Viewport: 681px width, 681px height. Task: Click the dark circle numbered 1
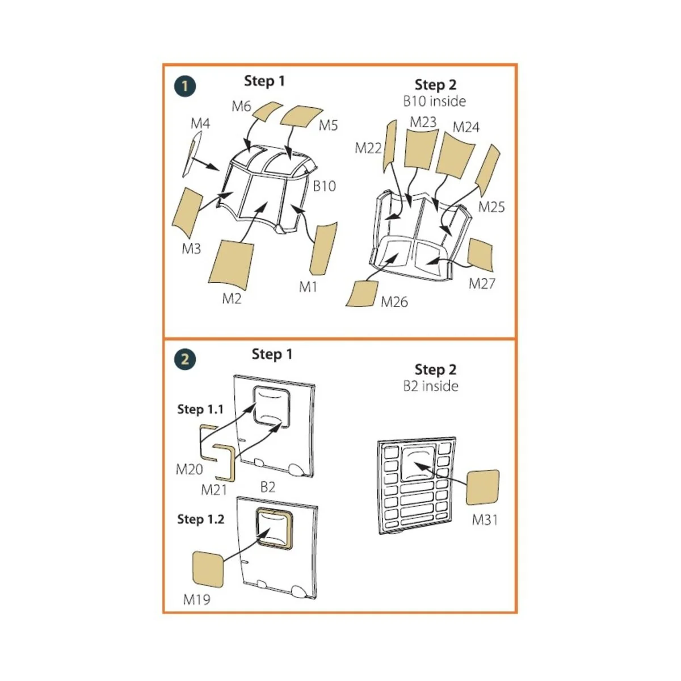click(185, 86)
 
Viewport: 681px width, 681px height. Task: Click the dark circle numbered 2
click(185, 359)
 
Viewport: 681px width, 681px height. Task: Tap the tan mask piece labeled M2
click(232, 263)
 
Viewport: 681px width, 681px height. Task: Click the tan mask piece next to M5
click(301, 116)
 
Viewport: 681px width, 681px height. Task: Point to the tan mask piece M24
click(455, 157)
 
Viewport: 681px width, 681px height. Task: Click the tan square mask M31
click(482, 487)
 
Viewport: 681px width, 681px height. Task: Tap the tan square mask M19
click(208, 569)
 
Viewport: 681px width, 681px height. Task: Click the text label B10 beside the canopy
click(325, 186)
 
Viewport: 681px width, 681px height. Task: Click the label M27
click(482, 283)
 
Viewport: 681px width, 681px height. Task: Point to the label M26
click(394, 302)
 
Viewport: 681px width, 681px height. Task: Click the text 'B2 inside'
click(431, 386)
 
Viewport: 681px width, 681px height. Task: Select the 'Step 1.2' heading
click(200, 519)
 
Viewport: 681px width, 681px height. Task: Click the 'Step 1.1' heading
click(200, 409)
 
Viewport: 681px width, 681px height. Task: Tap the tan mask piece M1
click(323, 248)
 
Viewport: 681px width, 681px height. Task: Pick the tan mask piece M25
click(487, 170)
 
